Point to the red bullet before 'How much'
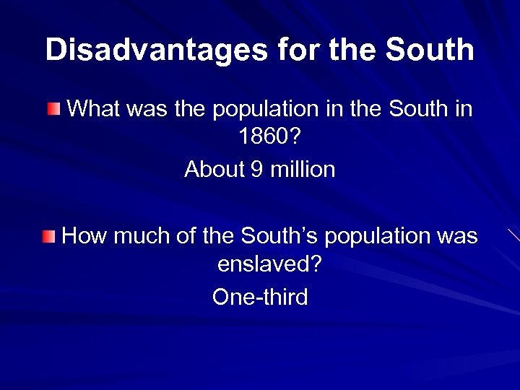click(48, 235)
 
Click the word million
click(304, 170)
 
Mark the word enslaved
click(269, 265)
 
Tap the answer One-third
click(260, 296)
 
